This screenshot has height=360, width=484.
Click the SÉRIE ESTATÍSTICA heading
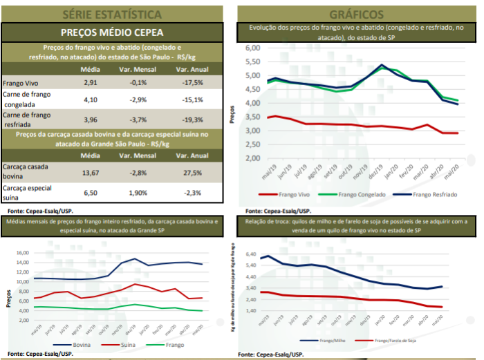point(113,13)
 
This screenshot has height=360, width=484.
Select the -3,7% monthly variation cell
point(139,119)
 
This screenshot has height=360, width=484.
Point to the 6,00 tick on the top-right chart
point(252,48)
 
